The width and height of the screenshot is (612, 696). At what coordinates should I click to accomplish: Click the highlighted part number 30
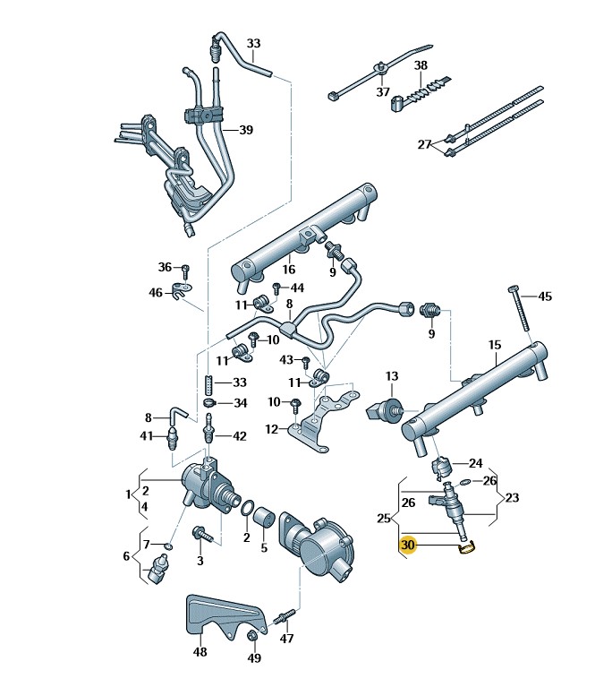pyautogui.click(x=408, y=545)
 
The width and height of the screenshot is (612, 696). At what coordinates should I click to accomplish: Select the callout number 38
pyautogui.click(x=421, y=65)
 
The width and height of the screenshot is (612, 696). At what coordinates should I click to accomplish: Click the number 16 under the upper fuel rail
pyautogui.click(x=289, y=269)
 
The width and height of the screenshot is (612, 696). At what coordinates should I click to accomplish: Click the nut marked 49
pyautogui.click(x=253, y=637)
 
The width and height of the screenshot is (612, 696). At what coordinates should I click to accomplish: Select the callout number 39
pyautogui.click(x=245, y=130)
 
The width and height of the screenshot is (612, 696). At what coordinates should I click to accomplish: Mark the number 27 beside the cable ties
pyautogui.click(x=424, y=144)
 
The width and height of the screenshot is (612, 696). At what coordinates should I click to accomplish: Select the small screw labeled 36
pyautogui.click(x=185, y=269)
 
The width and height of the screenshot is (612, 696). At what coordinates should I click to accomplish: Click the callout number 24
pyautogui.click(x=475, y=463)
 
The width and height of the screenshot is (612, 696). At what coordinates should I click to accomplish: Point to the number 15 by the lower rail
pyautogui.click(x=495, y=345)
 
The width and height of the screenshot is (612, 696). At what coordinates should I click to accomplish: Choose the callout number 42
pyautogui.click(x=239, y=436)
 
